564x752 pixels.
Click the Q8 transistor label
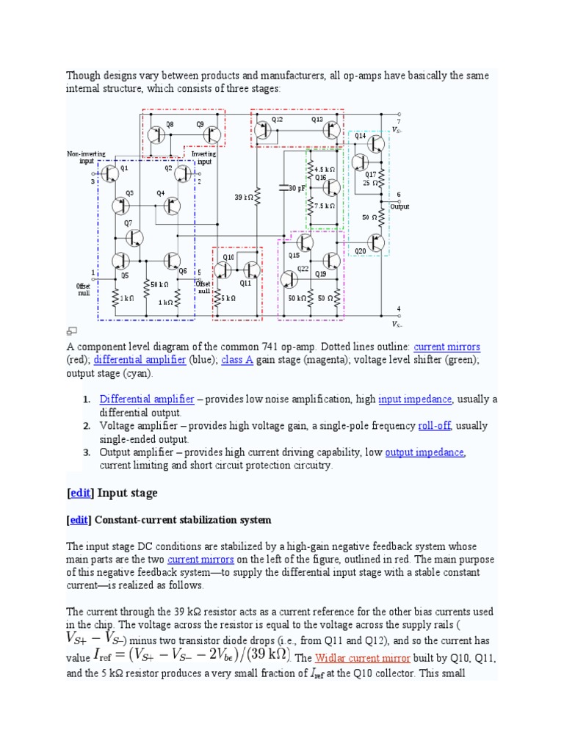click(170, 124)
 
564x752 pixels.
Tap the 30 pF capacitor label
click(297, 188)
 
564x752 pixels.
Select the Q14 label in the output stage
click(360, 136)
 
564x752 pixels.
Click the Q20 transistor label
click(360, 251)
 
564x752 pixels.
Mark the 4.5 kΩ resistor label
click(324, 170)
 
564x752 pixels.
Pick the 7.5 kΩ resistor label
click(324, 206)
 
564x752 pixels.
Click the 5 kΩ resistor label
click(228, 298)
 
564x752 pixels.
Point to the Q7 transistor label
click(128, 223)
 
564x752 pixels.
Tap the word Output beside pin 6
click(400, 206)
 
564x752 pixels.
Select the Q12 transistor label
click(277, 119)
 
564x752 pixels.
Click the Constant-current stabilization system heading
click(184, 520)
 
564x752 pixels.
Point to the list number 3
click(86, 452)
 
